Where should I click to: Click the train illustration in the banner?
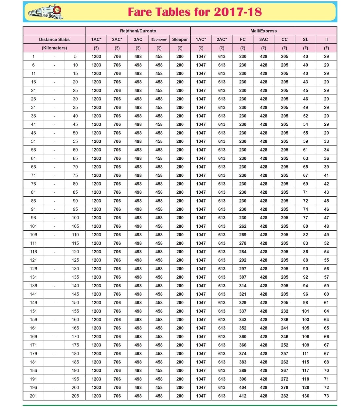pyautogui.click(x=45, y=12)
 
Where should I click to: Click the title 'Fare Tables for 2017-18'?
pyautogui.click(x=195, y=12)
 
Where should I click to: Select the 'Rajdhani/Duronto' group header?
pyautogui.click(x=138, y=31)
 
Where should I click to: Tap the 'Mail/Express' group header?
pyautogui.click(x=263, y=31)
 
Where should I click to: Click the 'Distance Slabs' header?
pyautogui.click(x=54, y=40)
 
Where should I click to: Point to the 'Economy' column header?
pyautogui.click(x=159, y=40)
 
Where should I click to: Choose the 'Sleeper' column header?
pyautogui.click(x=180, y=40)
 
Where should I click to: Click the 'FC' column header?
pyautogui.click(x=243, y=40)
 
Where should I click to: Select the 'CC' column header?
pyautogui.click(x=284, y=40)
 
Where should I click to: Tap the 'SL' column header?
pyautogui.click(x=305, y=40)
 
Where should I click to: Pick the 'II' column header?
pyautogui.click(x=326, y=40)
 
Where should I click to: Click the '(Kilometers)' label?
pyautogui.click(x=54, y=48)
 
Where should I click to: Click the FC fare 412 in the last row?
pyautogui.click(x=243, y=396)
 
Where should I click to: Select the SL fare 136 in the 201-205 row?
pyautogui.click(x=305, y=396)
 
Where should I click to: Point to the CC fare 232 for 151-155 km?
pyautogui.click(x=284, y=311)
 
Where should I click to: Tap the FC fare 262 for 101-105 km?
pyautogui.click(x=243, y=226)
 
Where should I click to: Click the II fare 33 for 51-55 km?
pyautogui.click(x=326, y=141)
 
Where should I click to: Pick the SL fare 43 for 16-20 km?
pyautogui.click(x=305, y=82)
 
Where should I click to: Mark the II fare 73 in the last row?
pyautogui.click(x=326, y=396)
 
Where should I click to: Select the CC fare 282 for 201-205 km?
pyautogui.click(x=284, y=396)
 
